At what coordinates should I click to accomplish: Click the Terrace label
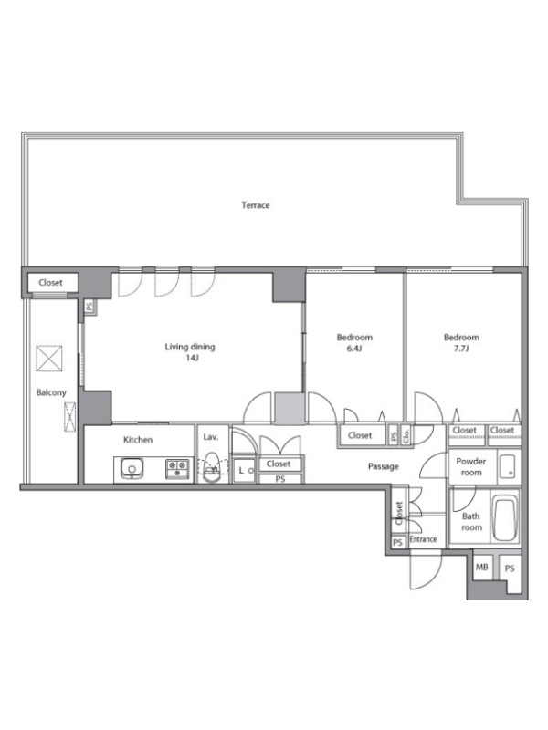click(256, 204)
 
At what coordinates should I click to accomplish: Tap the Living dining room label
click(190, 347)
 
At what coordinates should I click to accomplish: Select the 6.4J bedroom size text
click(354, 349)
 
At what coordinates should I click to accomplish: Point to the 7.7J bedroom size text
click(461, 349)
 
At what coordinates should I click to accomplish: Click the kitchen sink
click(132, 467)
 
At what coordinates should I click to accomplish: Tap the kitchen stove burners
click(177, 468)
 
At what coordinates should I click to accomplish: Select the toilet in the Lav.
click(212, 467)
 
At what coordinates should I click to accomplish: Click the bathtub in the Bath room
click(505, 519)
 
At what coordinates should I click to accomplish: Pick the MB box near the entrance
click(482, 567)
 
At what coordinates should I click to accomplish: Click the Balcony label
click(51, 392)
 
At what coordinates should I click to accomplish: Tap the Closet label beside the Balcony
click(50, 283)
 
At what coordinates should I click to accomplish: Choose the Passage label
click(383, 466)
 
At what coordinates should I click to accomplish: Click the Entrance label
click(423, 539)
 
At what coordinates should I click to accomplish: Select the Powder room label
click(471, 466)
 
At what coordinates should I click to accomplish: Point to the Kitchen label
click(138, 440)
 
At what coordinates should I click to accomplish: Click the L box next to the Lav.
click(244, 470)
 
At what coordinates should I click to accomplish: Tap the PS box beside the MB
click(510, 568)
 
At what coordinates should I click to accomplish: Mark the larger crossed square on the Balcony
click(49, 359)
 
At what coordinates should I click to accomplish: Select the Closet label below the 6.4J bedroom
click(360, 435)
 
